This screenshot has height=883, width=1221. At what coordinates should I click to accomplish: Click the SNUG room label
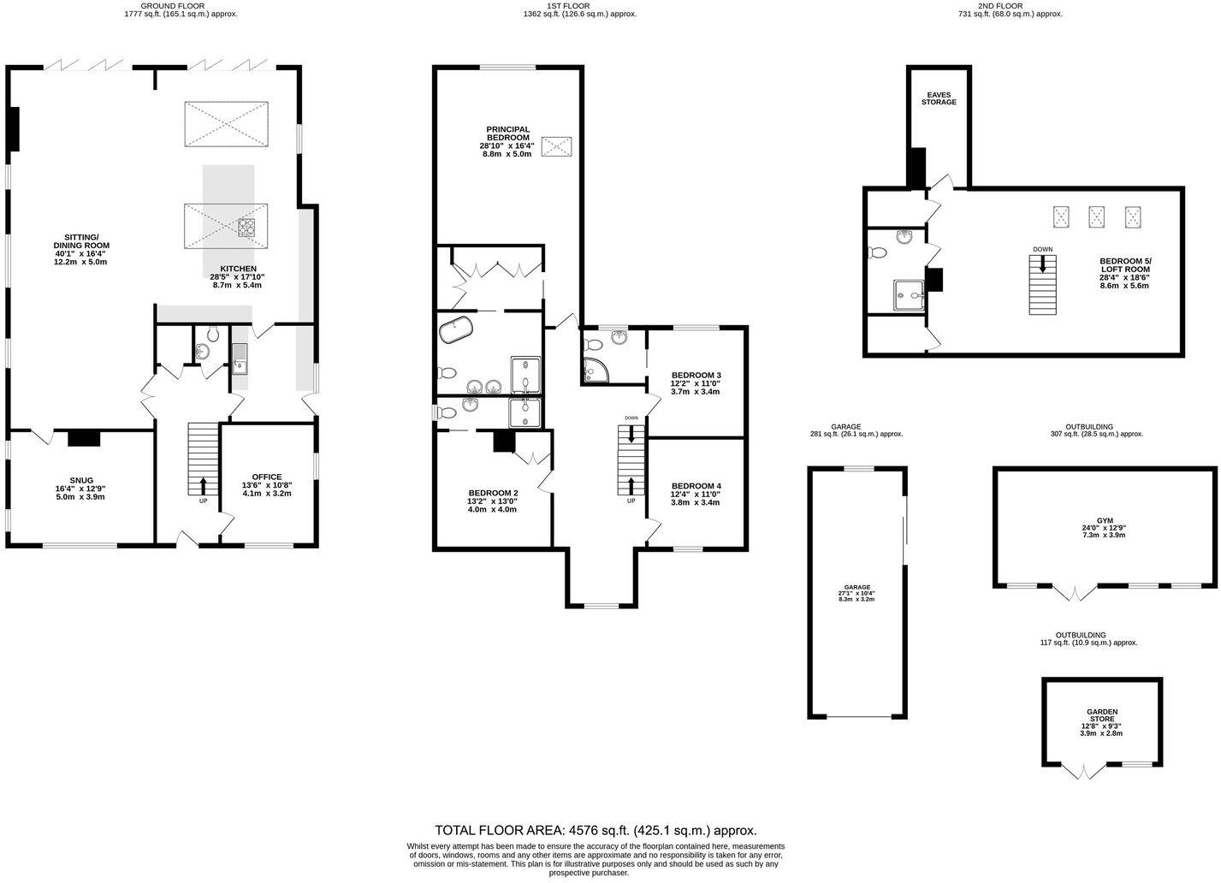81,481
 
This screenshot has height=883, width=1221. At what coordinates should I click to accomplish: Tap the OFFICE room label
266,477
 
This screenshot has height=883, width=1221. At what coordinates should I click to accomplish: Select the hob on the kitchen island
246,228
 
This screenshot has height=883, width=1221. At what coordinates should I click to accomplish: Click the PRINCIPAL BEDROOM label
507,133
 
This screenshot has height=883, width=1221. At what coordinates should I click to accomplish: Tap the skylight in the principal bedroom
557,146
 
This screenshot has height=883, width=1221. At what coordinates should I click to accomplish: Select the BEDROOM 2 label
493,493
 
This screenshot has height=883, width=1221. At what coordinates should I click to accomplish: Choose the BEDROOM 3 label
696,376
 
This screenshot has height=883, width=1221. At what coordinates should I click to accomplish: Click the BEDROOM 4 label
696,486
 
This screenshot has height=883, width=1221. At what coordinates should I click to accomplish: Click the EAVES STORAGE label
939,98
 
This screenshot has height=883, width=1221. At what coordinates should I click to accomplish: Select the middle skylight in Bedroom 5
1097,217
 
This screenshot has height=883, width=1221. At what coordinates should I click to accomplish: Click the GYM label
1104,519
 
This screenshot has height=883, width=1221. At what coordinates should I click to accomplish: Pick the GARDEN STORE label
1101,712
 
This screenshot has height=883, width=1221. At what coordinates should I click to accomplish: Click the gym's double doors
1076,592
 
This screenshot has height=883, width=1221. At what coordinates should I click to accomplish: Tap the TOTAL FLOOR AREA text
596,830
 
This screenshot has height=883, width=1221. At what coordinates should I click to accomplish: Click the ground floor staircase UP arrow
203,484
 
